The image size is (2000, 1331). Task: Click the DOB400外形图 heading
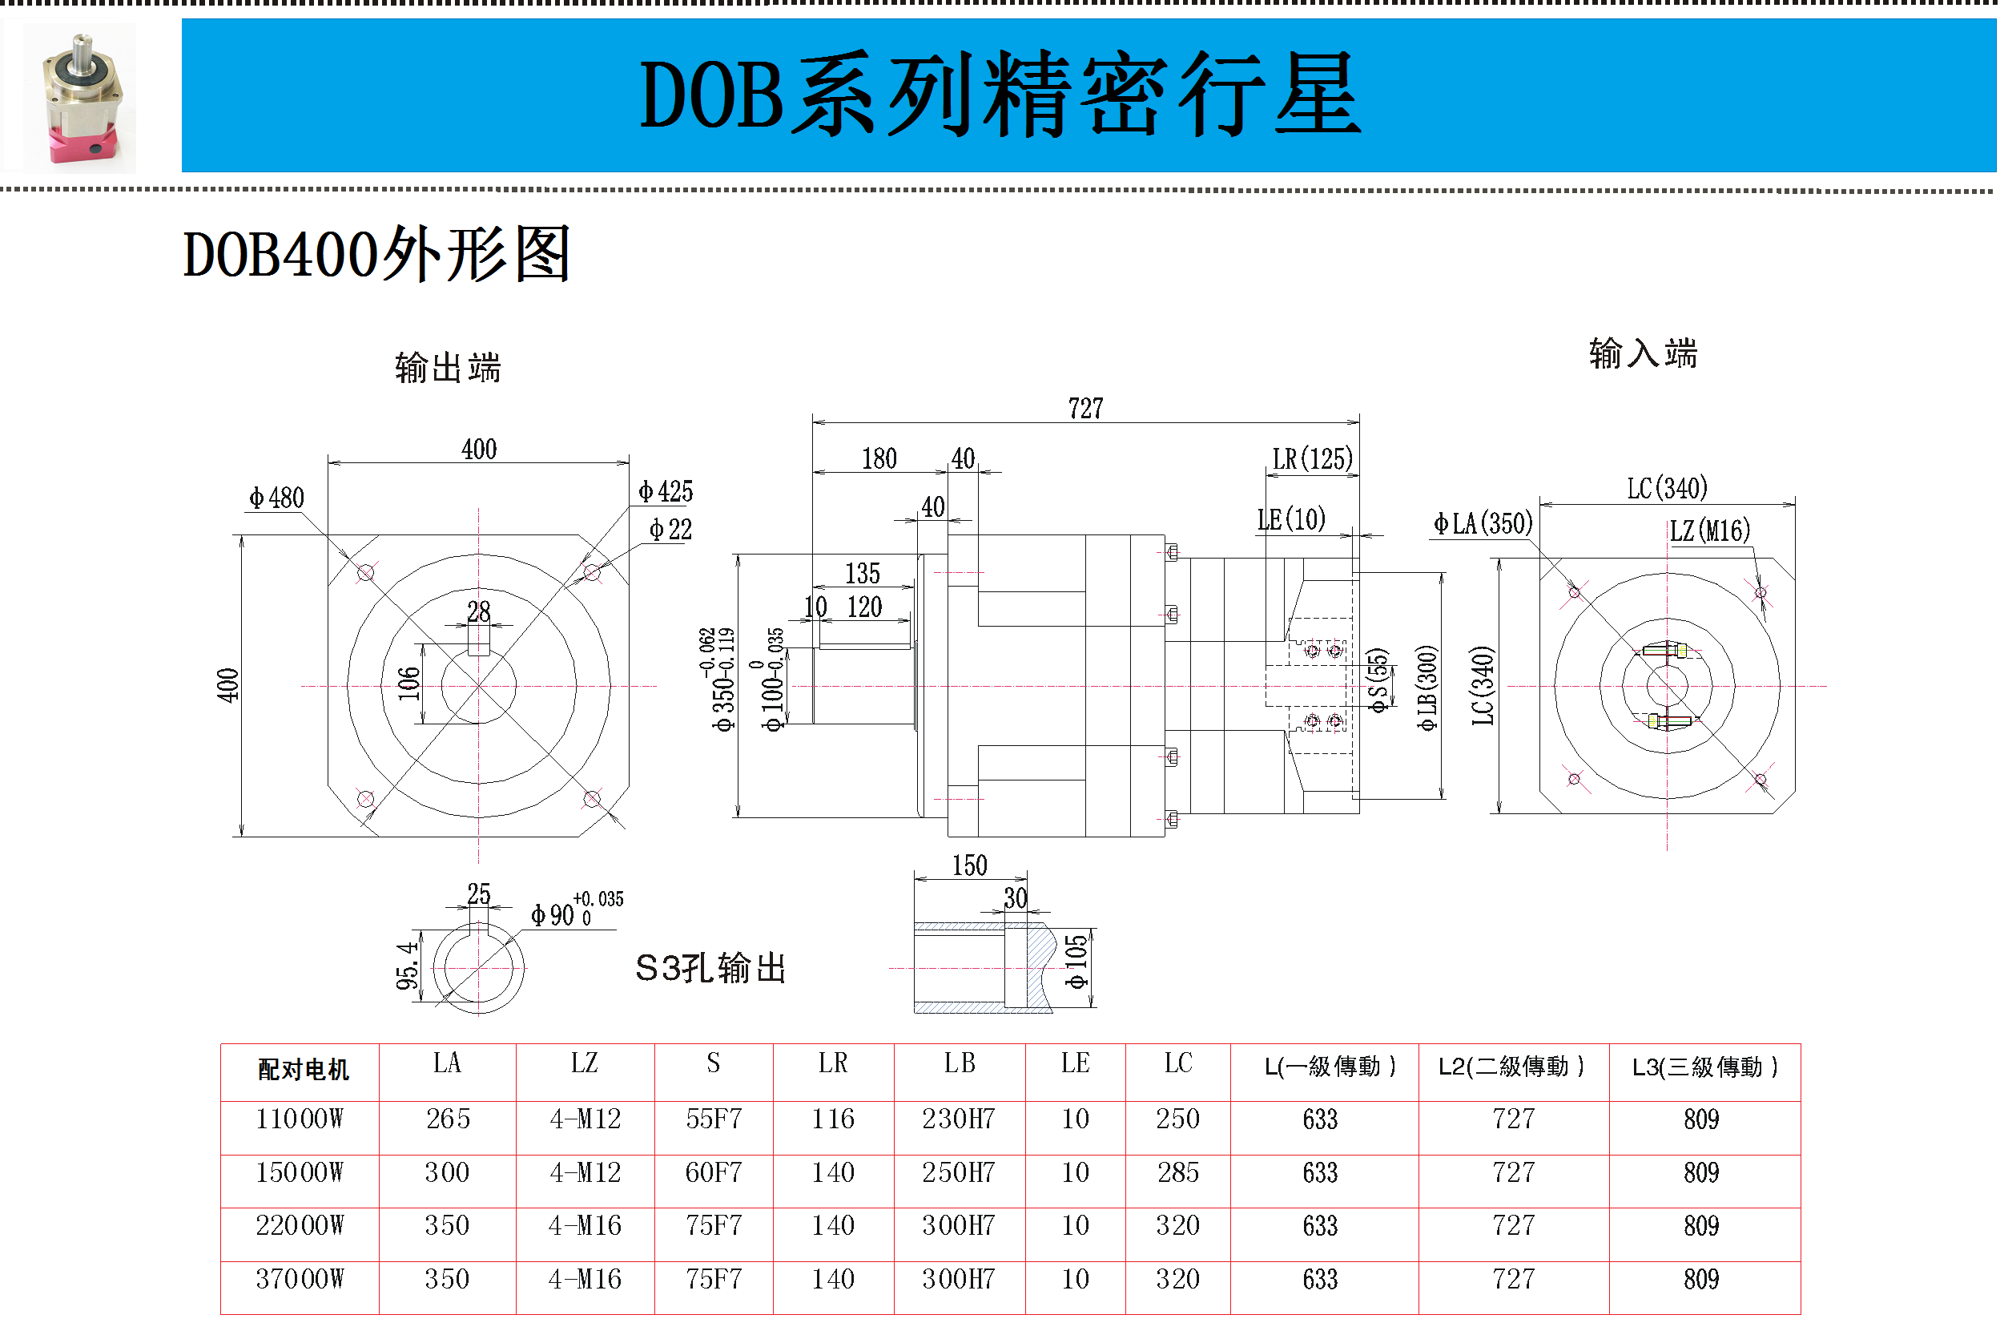pyautogui.click(x=376, y=255)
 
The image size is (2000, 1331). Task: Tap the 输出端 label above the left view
pyautogui.click(x=447, y=369)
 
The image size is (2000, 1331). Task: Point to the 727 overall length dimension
pyautogui.click(x=1085, y=409)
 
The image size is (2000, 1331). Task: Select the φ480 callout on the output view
pyautogui.click(x=276, y=498)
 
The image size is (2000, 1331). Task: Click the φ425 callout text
pyautogui.click(x=666, y=491)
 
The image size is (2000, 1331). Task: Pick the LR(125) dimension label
pyautogui.click(x=1311, y=459)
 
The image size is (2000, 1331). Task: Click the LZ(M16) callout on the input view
pyautogui.click(x=1708, y=531)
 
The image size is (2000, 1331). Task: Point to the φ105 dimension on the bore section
pyautogui.click(x=1076, y=962)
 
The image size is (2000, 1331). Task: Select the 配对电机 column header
pyautogui.click(x=303, y=1071)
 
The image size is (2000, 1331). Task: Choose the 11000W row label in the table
pyautogui.click(x=300, y=1119)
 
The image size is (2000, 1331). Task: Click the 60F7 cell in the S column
pyautogui.click(x=713, y=1173)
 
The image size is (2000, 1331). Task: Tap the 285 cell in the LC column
pyautogui.click(x=1177, y=1173)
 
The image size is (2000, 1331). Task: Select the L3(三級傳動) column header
pyautogui.click(x=1703, y=1068)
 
